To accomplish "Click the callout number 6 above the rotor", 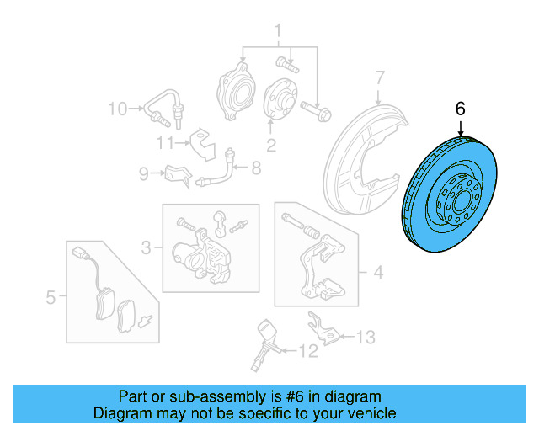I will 460,109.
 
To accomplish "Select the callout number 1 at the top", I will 275,34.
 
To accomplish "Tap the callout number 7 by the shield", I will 379,77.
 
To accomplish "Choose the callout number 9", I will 143,173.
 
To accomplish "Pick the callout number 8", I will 256,168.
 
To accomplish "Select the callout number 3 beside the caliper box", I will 146,247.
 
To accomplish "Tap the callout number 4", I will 378,272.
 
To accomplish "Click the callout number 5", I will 51,296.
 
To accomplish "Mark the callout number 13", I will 364,338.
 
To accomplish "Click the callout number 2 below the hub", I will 271,146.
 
